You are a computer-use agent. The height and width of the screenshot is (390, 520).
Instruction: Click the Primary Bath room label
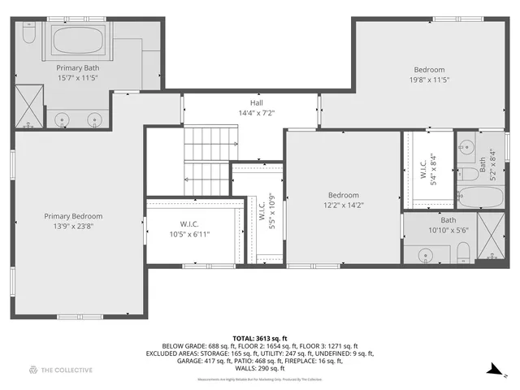click(x=78, y=68)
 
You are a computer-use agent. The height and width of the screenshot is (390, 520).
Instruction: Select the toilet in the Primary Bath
click(x=28, y=34)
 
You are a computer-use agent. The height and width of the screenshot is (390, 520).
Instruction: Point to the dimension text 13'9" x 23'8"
click(x=73, y=227)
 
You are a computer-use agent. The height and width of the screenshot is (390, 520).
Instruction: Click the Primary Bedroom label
click(x=73, y=216)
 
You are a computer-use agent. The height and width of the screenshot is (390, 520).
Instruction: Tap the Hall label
click(x=257, y=103)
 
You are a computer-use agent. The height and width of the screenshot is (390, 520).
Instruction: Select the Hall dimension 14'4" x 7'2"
click(x=257, y=113)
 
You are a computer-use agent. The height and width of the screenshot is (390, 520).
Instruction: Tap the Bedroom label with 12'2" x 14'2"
click(x=343, y=195)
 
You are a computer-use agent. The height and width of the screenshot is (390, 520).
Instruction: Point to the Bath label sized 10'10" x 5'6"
click(x=448, y=220)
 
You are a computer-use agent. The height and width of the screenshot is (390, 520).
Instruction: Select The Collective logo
click(x=61, y=370)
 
